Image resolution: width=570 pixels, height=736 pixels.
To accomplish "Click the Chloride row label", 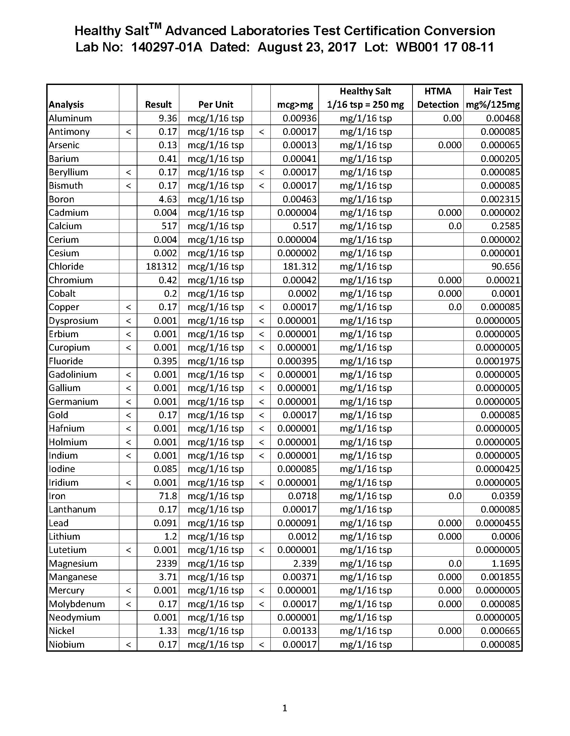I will (66, 267).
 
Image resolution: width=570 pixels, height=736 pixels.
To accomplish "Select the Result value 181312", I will (161, 267).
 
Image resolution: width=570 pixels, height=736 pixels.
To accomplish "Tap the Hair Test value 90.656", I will (506, 267).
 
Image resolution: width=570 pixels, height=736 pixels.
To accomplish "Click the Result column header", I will (158, 104).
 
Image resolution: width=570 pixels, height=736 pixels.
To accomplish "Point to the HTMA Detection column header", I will (438, 98).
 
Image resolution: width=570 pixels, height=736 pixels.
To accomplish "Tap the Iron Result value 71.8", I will (168, 496).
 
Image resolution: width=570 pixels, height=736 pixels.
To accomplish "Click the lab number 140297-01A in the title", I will (167, 47).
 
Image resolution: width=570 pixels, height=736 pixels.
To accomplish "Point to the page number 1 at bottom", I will (285, 708).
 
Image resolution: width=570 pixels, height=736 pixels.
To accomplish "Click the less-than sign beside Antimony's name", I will (128, 132).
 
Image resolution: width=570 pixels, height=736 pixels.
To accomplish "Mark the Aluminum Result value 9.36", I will (168, 118).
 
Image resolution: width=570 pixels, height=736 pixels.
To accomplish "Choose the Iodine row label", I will (62, 469).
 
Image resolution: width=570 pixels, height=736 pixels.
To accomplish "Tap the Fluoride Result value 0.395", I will (165, 361).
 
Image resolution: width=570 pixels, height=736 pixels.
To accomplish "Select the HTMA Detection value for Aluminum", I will (452, 118).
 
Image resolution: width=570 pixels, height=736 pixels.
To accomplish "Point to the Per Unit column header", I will (216, 104).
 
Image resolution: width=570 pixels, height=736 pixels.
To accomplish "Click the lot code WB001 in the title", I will (417, 47).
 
